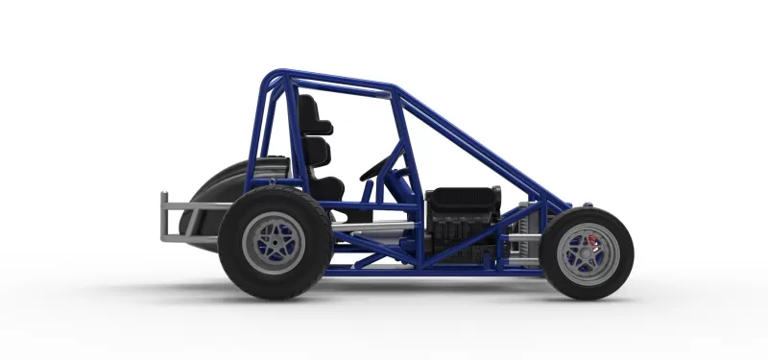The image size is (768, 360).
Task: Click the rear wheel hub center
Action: tap(275, 244)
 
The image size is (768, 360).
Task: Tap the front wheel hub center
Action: tap(586, 253)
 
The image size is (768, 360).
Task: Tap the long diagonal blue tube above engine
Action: tap(480, 144)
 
